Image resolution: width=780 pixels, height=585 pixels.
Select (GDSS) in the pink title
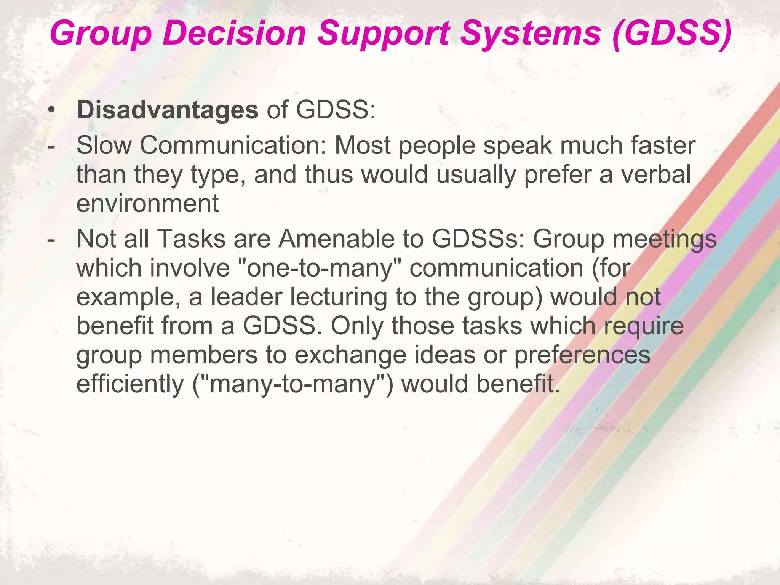coord(672,34)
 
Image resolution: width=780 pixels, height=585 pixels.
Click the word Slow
coord(104,145)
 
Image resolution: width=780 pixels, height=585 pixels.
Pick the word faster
coord(663,145)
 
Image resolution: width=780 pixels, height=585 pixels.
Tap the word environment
coord(147,203)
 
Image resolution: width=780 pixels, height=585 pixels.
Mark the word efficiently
coord(130,384)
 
